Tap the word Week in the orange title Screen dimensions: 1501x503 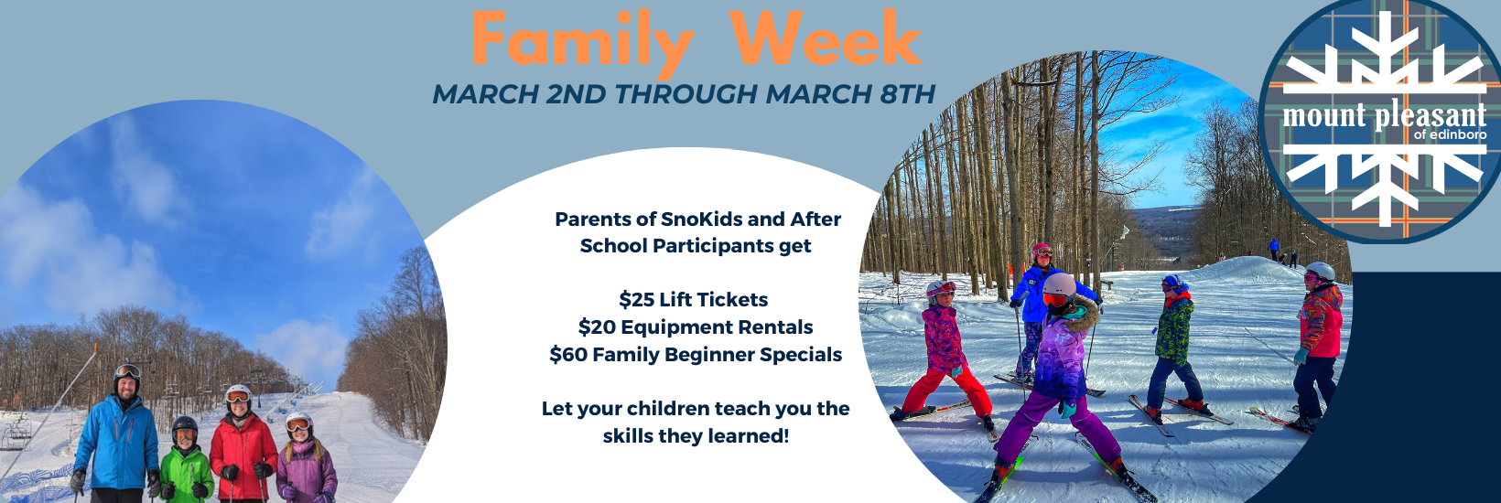point(826,37)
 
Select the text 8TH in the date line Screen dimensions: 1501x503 point(908,94)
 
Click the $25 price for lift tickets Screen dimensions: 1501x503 point(636,299)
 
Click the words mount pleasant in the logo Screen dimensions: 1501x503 point(1385,116)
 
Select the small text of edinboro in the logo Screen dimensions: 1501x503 point(1450,134)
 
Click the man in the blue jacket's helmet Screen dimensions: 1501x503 point(126,374)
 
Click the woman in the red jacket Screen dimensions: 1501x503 point(243,444)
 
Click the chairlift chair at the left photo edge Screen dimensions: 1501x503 point(16,433)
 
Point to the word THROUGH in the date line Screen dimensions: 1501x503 point(686,94)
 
